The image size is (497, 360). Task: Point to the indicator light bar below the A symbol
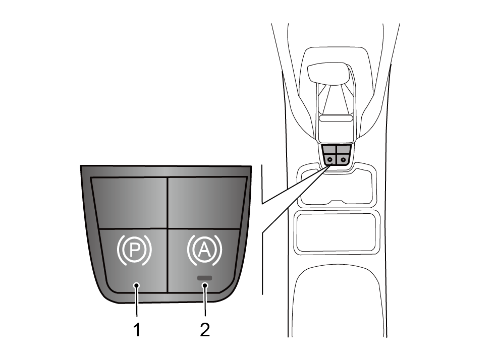pyautogui.click(x=204, y=278)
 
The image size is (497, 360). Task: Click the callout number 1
pyautogui.click(x=137, y=330)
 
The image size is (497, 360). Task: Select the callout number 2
pyautogui.click(x=205, y=330)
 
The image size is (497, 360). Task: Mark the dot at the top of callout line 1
pyautogui.click(x=137, y=285)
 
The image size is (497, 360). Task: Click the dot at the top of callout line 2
pyautogui.click(x=205, y=285)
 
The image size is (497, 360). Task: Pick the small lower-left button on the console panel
pyautogui.click(x=329, y=159)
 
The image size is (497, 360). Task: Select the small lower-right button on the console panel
pyautogui.click(x=343, y=159)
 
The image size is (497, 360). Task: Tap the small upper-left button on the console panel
pyautogui.click(x=329, y=149)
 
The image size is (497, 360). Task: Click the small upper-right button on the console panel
pyautogui.click(x=344, y=149)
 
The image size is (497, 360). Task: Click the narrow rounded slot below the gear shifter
pyautogui.click(x=336, y=118)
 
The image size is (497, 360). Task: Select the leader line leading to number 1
pyautogui.click(x=137, y=301)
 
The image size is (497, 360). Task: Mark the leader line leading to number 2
pyautogui.click(x=205, y=301)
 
